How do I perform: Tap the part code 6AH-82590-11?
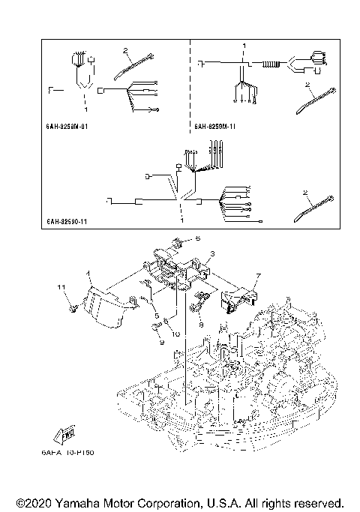[67, 223]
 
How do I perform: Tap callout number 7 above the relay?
[256, 276]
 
